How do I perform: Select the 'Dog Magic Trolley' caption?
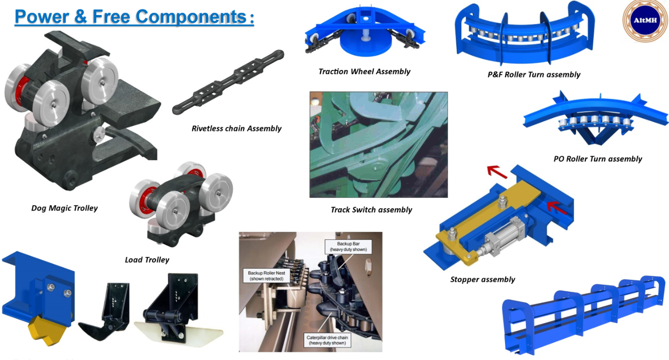[65, 208]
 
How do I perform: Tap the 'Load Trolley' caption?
[147, 260]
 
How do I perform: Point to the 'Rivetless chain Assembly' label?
[236, 129]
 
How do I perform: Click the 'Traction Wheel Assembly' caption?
[364, 71]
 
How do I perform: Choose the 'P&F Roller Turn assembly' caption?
[534, 75]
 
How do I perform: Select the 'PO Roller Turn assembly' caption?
[598, 159]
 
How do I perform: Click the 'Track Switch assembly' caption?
[371, 210]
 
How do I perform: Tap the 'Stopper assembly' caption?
[482, 279]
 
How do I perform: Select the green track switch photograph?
[378, 145]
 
